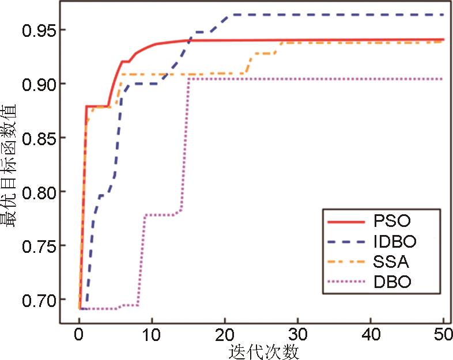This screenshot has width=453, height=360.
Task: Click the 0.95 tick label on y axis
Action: point(39,30)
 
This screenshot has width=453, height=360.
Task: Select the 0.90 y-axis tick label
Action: point(39,84)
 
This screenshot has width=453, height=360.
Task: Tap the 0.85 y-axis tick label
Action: point(39,138)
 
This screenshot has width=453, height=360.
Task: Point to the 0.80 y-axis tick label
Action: point(39,192)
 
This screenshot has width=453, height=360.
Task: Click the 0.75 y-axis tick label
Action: point(39,246)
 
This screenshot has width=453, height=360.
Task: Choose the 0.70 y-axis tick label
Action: point(39,300)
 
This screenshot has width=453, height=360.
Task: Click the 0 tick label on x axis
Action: point(79,334)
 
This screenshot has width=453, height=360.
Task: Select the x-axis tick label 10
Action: point(152,334)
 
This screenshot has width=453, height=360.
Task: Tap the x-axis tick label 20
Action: point(225,334)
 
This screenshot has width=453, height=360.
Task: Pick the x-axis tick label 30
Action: point(297,334)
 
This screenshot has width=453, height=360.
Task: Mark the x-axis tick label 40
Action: point(371,334)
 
